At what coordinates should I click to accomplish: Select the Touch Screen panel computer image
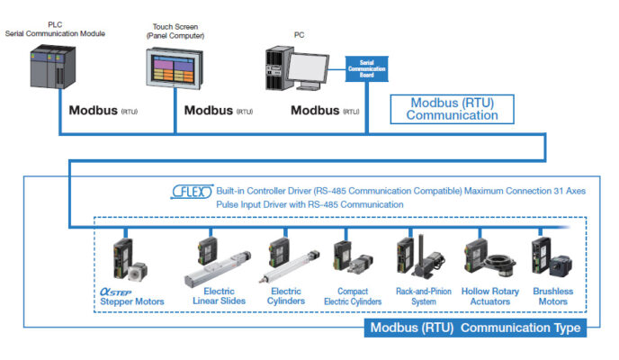coord(176,73)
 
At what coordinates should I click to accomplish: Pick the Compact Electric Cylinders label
coord(354,296)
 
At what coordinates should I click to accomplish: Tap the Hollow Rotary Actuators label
coord(491,296)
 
